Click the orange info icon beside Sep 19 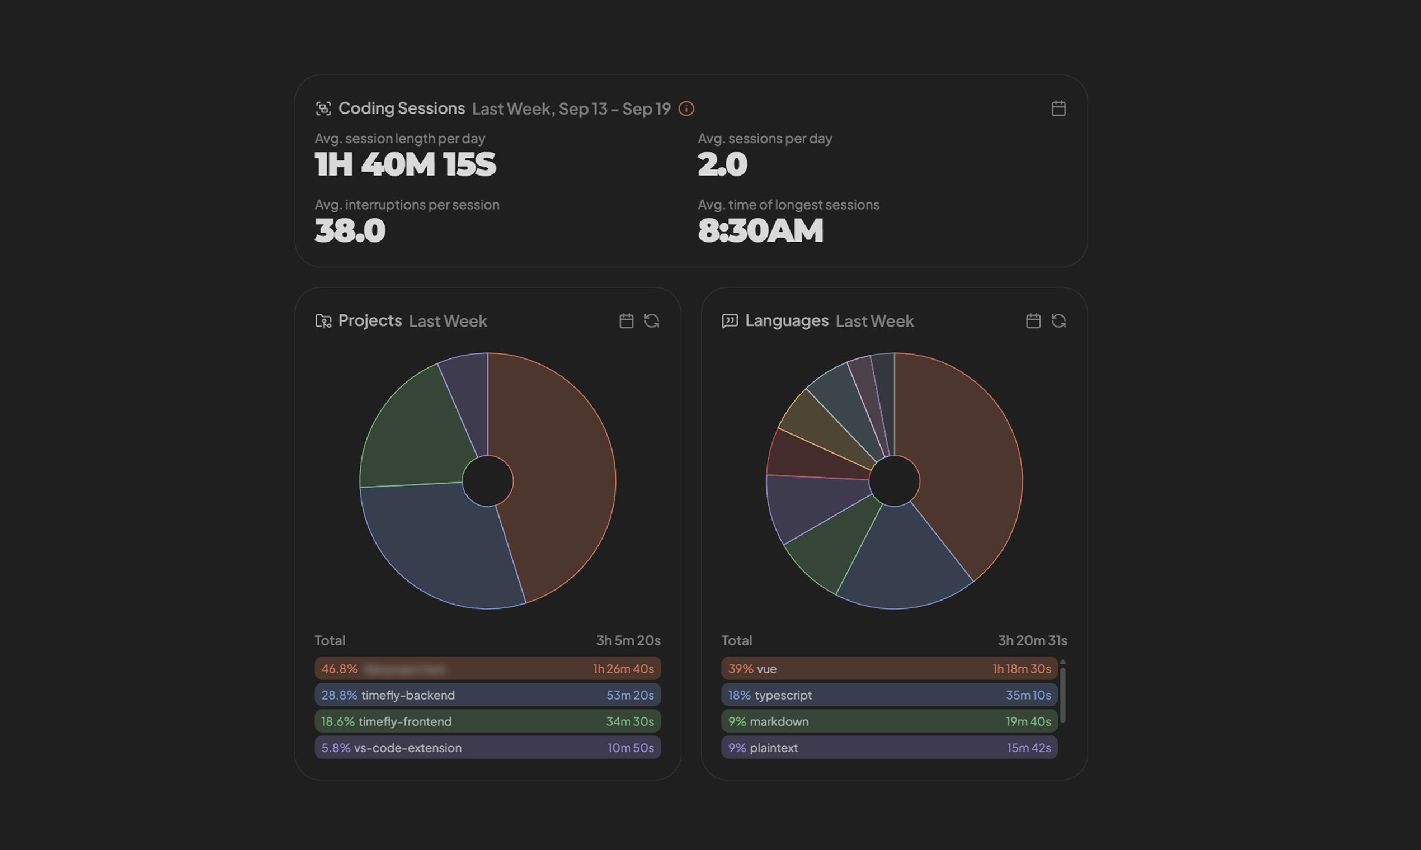coord(686,108)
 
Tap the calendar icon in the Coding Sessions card coord(1058,108)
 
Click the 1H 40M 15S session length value coord(405,164)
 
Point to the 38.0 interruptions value coord(350,231)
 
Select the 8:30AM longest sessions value coord(760,231)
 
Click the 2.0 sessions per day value coord(723,164)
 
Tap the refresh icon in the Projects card coord(652,321)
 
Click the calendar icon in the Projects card coord(626,321)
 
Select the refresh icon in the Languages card coord(1058,321)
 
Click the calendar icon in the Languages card coord(1033,321)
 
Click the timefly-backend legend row coord(487,695)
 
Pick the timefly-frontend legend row coord(487,721)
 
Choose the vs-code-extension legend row coord(487,748)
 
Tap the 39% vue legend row coord(889,668)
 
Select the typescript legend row coord(889,695)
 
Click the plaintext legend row coord(889,748)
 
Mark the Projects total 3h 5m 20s coord(628,640)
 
